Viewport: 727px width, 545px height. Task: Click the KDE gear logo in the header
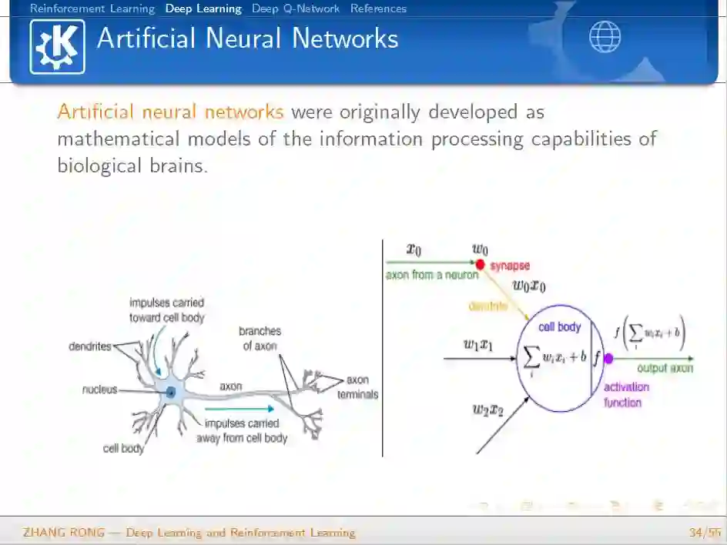tap(57, 46)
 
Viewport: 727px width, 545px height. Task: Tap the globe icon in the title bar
tap(605, 37)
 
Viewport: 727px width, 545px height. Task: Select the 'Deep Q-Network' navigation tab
tap(296, 9)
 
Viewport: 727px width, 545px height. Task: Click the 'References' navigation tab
tap(378, 9)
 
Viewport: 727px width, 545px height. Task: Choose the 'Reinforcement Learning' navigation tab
tap(92, 9)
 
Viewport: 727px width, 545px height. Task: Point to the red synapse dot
tap(480, 265)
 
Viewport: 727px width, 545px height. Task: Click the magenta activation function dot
tap(608, 358)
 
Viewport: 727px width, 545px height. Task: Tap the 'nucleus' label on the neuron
tap(99, 390)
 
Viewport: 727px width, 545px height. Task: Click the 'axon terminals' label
tap(358, 387)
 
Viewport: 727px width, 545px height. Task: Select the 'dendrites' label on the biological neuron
tap(90, 346)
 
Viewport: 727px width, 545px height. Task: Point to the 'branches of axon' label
tap(261, 339)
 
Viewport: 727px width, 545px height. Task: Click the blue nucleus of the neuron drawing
tap(171, 393)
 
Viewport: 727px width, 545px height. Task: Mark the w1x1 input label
tap(477, 345)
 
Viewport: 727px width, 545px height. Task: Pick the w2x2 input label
tap(487, 410)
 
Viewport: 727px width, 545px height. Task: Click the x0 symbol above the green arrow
tap(414, 249)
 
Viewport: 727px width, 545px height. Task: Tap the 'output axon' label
tap(665, 369)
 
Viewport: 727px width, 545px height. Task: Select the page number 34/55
tap(705, 533)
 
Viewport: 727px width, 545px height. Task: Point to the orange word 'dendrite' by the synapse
tap(488, 306)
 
